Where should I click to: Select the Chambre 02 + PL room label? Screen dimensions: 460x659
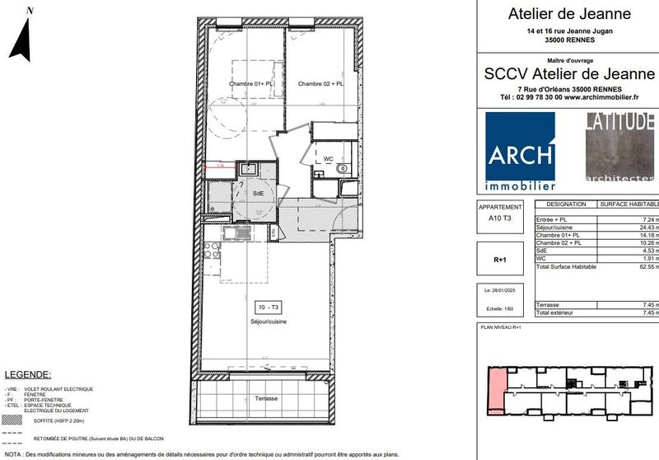pos(320,84)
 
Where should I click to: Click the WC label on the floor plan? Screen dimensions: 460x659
pos(328,158)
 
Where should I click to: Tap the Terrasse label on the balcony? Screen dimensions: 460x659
pos(266,399)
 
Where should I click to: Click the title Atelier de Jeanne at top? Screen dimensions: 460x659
pos(569,14)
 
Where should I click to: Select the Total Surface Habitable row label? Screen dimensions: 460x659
pos(566,267)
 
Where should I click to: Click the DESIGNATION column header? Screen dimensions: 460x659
pos(566,204)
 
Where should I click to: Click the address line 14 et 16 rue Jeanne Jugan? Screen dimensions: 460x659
pos(569,30)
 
